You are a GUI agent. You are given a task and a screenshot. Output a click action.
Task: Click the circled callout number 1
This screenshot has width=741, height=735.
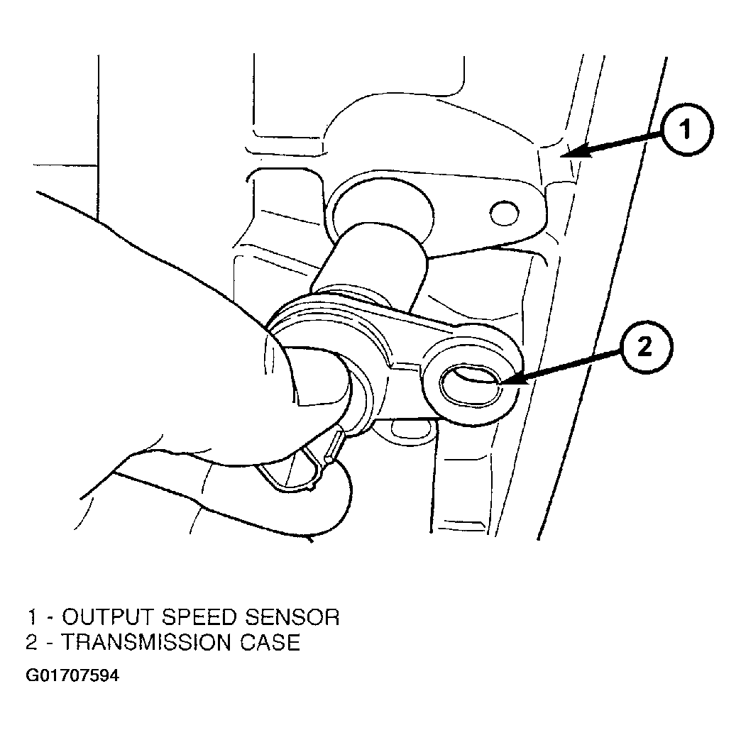click(x=686, y=129)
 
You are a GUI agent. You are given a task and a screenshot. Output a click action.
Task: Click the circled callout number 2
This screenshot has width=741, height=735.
click(x=646, y=348)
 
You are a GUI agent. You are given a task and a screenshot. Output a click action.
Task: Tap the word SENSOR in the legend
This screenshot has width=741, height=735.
click(x=292, y=617)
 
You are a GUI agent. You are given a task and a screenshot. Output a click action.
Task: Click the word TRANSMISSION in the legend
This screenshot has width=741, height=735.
click(x=146, y=643)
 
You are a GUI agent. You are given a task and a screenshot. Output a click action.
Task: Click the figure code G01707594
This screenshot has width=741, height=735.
click(x=72, y=676)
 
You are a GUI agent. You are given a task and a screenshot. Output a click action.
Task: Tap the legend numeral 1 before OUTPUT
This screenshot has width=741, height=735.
click(x=32, y=617)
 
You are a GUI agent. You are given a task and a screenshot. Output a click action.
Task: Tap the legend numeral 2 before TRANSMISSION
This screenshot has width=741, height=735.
click(x=32, y=643)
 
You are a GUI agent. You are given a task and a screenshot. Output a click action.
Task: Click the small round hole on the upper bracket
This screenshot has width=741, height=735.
click(x=505, y=213)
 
